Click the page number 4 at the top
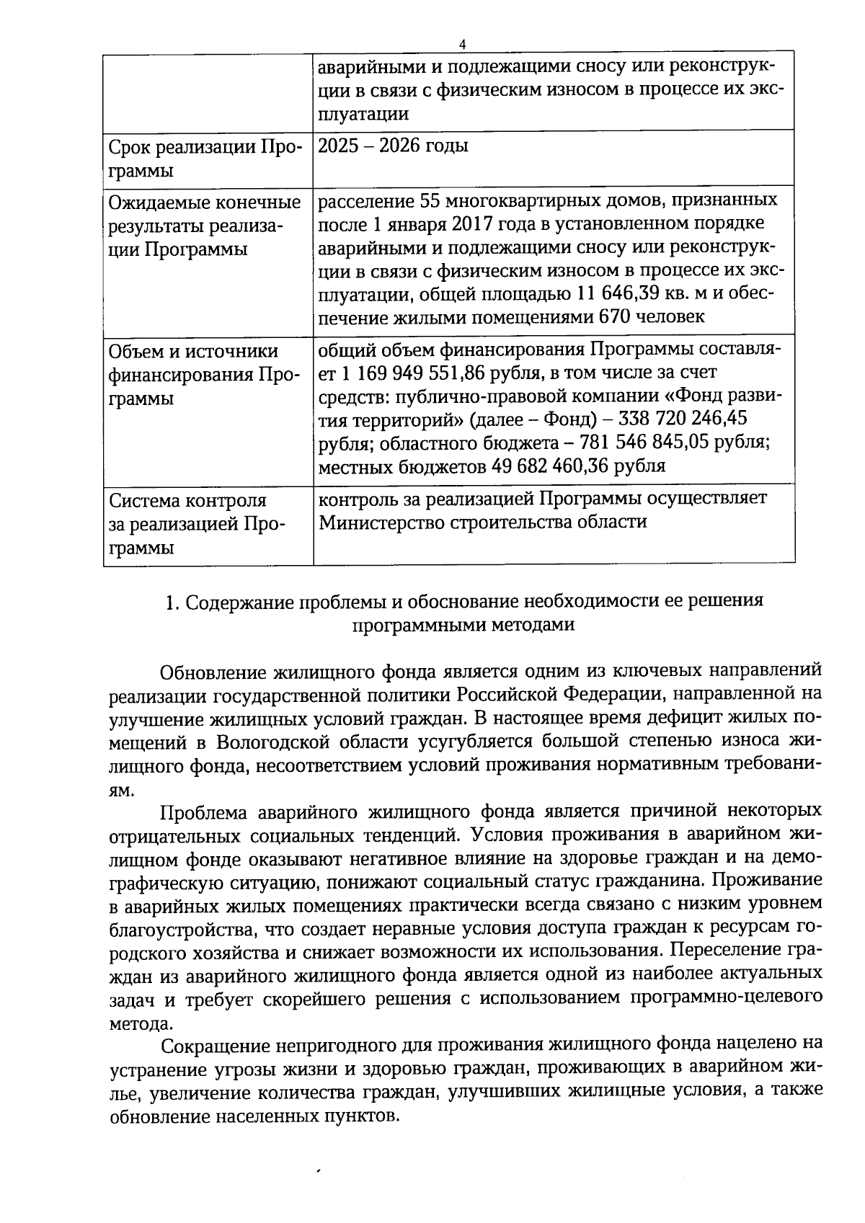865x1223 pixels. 462,45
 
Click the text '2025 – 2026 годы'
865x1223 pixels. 393,146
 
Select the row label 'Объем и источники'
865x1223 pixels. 193,351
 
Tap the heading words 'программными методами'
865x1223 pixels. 463,625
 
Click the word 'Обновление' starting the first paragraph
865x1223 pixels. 213,672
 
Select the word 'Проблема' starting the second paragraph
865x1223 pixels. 203,811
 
